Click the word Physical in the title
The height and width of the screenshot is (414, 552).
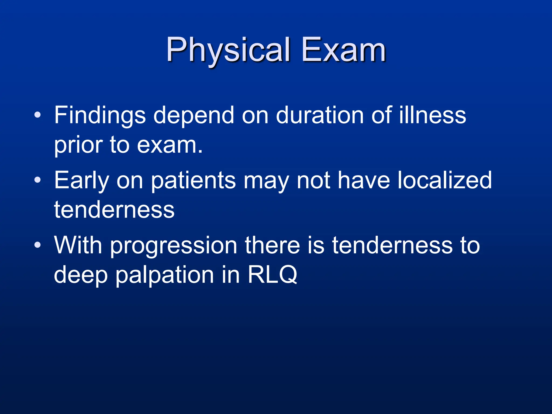228,50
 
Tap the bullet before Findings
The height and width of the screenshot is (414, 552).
37,115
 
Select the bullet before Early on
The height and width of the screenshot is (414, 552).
37,180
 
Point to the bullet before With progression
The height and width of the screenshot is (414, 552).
37,245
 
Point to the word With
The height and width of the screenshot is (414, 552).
78,245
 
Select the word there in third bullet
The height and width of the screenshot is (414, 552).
272,245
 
